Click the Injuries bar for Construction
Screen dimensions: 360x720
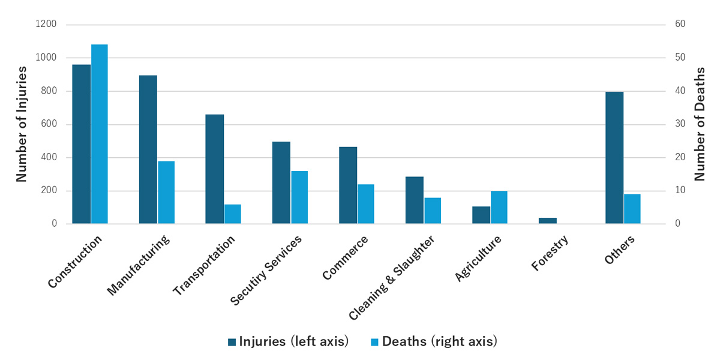[x=81, y=144]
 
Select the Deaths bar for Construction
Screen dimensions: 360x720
[x=100, y=134]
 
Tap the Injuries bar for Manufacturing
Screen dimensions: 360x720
[x=148, y=149]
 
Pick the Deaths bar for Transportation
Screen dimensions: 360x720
[x=232, y=214]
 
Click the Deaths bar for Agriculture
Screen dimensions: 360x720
[x=499, y=208]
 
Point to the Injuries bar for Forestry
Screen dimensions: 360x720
[x=547, y=221]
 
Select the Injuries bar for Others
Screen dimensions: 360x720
[x=614, y=158]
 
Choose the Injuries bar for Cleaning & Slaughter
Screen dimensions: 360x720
[x=414, y=200]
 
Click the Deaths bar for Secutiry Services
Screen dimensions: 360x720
[x=299, y=197]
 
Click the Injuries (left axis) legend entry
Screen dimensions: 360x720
[x=289, y=342]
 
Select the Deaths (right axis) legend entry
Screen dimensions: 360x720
[x=434, y=342]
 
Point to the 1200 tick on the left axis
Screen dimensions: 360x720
[x=46, y=25]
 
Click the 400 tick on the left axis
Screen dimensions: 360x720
[x=49, y=158]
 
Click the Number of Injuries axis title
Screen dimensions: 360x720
[x=21, y=124]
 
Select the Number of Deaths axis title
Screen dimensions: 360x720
[x=700, y=124]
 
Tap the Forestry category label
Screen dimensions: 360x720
[x=550, y=253]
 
